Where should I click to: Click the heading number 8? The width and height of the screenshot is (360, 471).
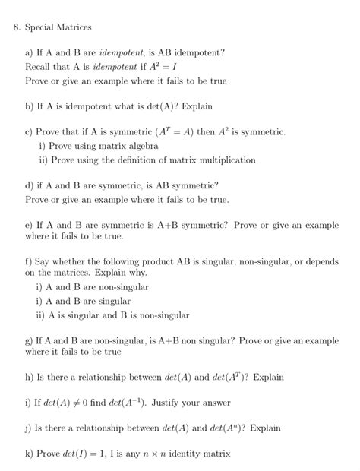pos(17,27)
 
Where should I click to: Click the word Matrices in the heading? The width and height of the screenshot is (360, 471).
pos(73,27)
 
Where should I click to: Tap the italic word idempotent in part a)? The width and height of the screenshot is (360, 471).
pos(122,53)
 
